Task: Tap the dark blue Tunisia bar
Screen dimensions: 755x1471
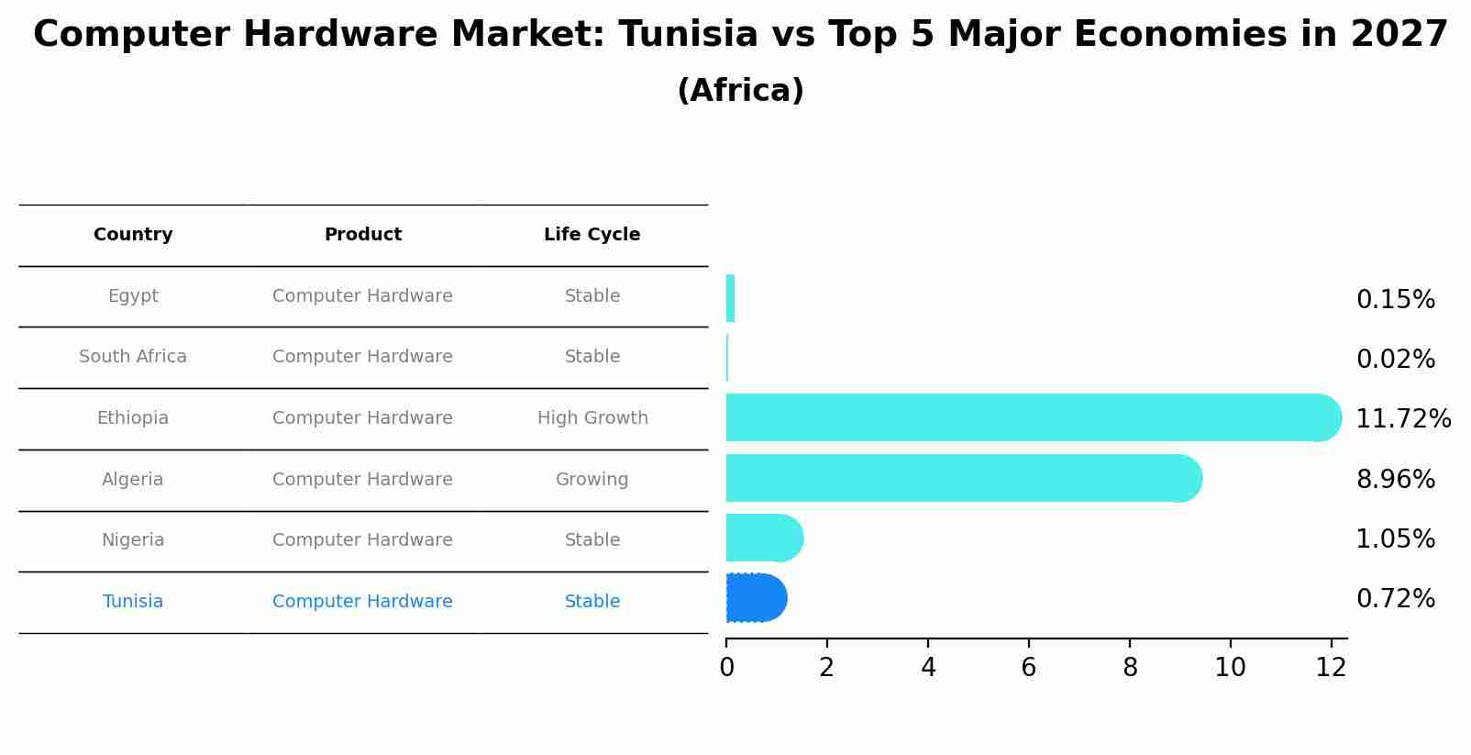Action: (755, 598)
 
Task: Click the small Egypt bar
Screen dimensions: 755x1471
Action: (730, 298)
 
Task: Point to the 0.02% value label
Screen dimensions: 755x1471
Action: (1395, 360)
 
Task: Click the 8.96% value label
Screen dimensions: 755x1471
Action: (1395, 479)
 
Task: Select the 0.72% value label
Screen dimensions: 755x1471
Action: (1395, 599)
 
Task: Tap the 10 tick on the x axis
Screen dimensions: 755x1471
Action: (1230, 668)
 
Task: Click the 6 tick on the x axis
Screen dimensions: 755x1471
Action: (1028, 668)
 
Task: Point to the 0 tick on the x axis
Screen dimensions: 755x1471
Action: (726, 668)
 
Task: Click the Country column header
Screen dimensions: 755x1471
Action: (133, 235)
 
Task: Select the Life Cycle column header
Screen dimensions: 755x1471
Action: (592, 235)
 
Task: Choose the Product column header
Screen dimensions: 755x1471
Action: (363, 235)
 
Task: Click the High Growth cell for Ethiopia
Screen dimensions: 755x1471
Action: (592, 418)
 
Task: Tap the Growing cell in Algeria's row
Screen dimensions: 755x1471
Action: (592, 479)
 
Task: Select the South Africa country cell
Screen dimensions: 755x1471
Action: (133, 357)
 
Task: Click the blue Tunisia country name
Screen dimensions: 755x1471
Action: (133, 602)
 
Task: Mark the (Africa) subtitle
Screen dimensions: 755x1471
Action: (740, 91)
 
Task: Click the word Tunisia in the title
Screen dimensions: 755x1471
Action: (688, 35)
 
